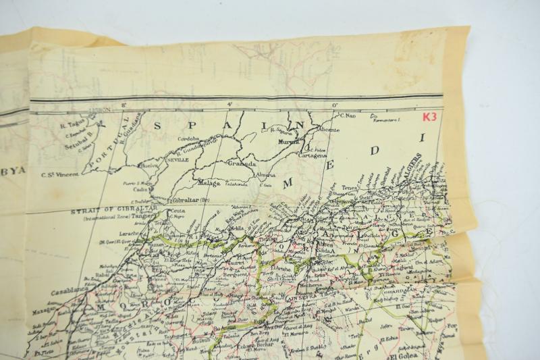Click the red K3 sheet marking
coord(429,116)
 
